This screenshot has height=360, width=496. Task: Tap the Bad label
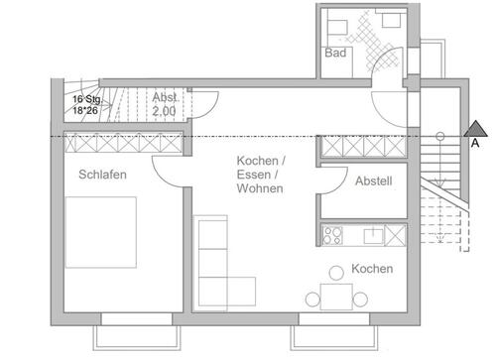[334, 55]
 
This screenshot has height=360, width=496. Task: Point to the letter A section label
[475, 143]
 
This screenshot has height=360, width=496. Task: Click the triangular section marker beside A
[475, 127]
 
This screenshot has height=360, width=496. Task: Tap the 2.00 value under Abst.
[164, 112]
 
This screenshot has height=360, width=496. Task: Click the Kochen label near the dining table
[372, 269]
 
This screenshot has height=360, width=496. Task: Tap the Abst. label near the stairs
[164, 98]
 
